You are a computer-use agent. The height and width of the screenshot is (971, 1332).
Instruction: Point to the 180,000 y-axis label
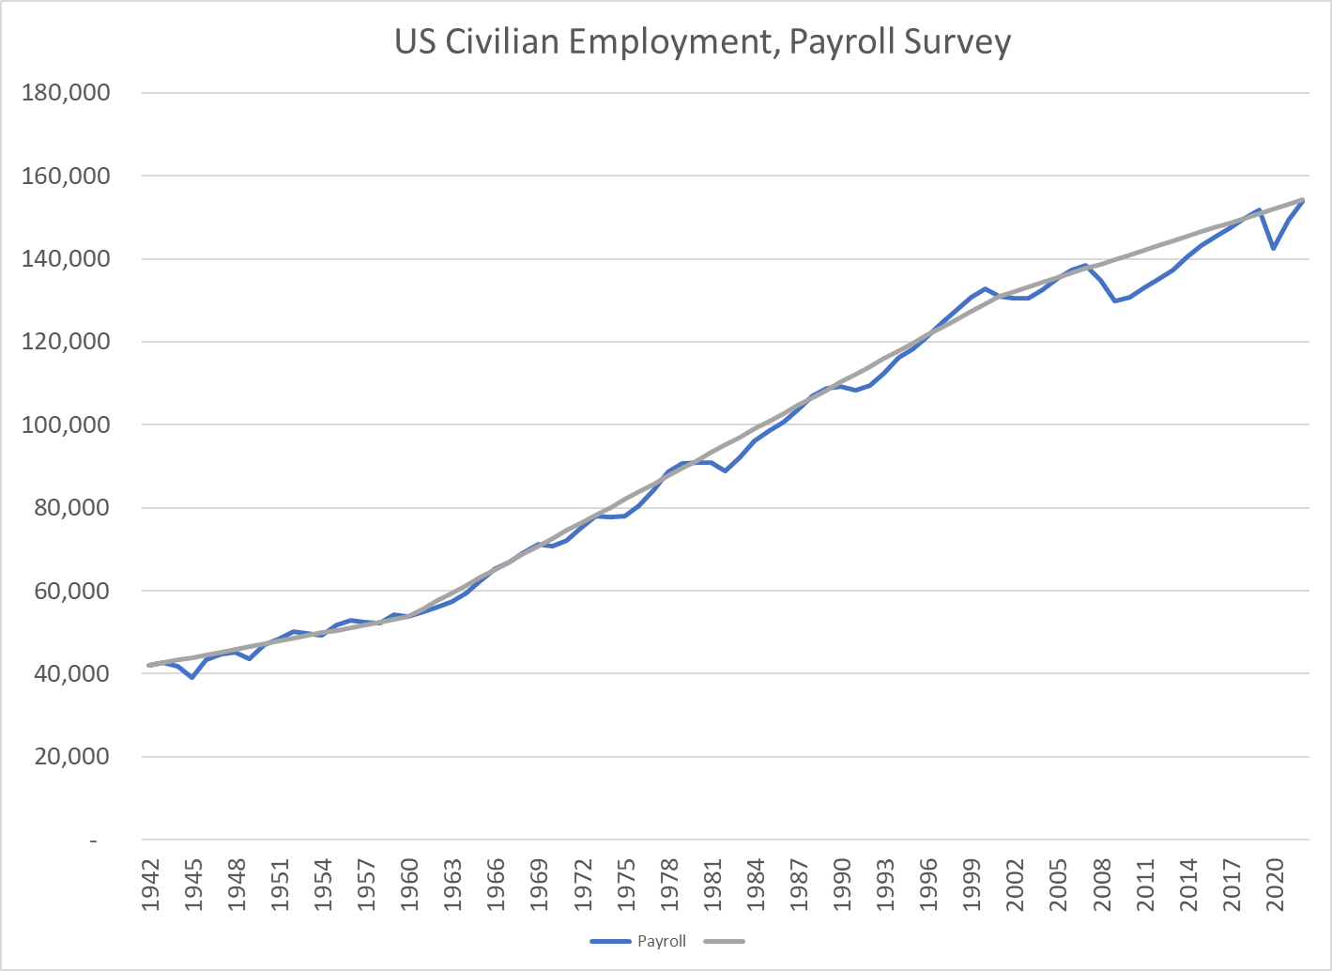65,93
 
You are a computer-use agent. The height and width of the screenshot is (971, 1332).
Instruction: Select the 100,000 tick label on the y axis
65,424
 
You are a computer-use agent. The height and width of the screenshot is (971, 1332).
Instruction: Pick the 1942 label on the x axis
150,884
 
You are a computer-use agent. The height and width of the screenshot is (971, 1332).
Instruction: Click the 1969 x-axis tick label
540,884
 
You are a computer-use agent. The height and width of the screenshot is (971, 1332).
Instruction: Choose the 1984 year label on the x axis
756,884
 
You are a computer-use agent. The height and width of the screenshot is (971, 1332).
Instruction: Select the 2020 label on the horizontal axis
1275,884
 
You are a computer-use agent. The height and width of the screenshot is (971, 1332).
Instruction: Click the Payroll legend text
662,941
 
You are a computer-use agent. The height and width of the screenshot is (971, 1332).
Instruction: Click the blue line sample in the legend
610,941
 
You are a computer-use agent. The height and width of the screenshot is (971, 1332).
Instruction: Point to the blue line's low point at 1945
192,677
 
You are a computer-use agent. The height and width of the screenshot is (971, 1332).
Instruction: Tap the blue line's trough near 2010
1115,301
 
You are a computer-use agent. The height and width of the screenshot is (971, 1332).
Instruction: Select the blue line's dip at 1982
726,470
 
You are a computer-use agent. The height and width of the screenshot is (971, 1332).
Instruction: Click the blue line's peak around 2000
985,289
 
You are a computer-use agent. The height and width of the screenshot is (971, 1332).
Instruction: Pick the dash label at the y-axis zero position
93,840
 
